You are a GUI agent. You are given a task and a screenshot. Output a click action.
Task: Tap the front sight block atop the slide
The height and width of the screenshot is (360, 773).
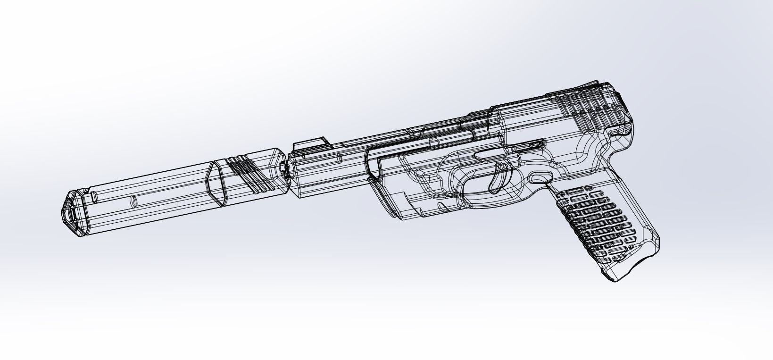[309, 143]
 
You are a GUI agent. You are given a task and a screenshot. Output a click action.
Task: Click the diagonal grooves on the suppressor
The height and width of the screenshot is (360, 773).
[245, 175]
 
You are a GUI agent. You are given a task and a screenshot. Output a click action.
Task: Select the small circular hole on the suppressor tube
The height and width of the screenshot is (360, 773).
[133, 201]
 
